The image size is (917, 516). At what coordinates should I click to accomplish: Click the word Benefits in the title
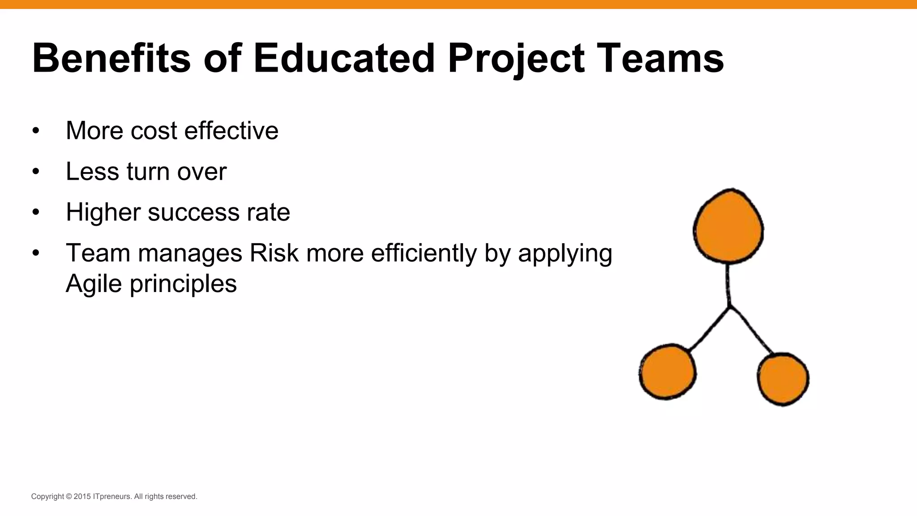pos(111,58)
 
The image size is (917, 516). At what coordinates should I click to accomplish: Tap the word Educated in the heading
pos(344,58)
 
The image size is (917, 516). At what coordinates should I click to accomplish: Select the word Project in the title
pos(516,59)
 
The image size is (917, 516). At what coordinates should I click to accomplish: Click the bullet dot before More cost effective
pos(36,131)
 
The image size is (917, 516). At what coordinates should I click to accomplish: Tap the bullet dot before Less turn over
pos(36,172)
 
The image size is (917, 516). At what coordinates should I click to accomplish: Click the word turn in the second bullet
pos(148,171)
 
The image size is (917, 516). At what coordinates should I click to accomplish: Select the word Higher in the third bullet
pos(103,212)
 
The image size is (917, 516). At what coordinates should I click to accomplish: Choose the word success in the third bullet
pos(193,212)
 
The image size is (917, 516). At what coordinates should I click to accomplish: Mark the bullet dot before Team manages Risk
pos(36,254)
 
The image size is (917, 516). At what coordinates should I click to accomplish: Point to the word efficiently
pos(424,254)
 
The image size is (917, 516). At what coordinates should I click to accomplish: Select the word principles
pos(183,284)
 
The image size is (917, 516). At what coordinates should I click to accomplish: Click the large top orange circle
pos(728,226)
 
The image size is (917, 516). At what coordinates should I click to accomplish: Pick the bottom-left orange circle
pos(667,372)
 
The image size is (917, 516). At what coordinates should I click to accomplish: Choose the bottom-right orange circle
pos(783,379)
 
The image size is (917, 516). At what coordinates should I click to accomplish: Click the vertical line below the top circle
pos(728,285)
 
